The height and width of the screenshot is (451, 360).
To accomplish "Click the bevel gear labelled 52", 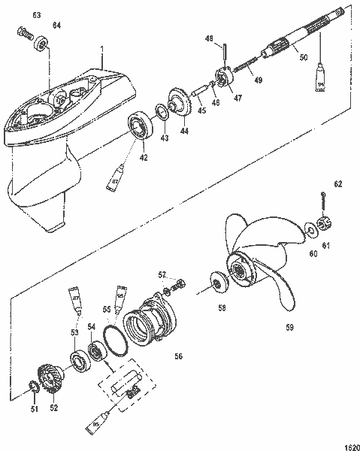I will click(x=51, y=373).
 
